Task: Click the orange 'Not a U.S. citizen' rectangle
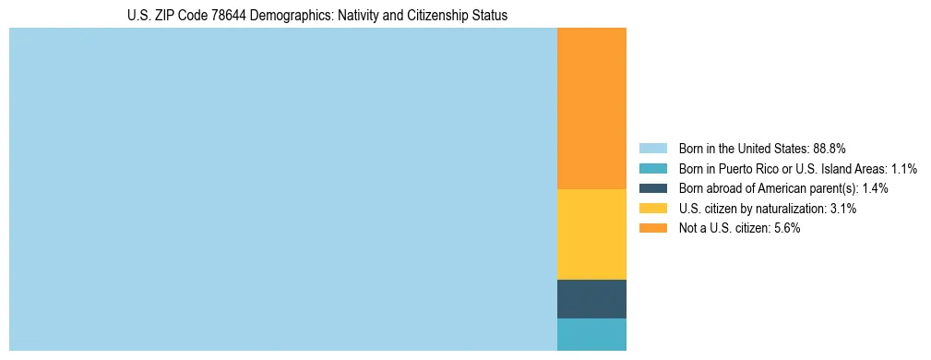coord(591,108)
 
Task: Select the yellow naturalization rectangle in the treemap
coord(591,234)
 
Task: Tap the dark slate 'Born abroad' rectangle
coord(591,298)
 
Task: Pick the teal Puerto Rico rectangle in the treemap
coord(591,334)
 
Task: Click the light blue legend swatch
coord(653,148)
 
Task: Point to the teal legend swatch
coord(653,168)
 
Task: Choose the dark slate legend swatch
coord(653,188)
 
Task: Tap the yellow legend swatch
coord(653,209)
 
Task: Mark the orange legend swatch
coord(653,229)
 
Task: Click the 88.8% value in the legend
coord(830,148)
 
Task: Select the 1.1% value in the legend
coord(903,168)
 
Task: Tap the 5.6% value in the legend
coord(786,229)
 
